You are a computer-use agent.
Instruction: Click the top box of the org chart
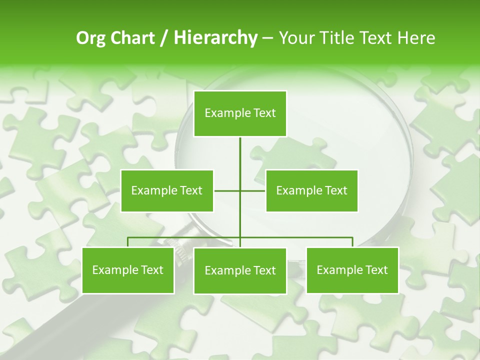(240, 113)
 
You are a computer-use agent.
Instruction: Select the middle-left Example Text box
(167, 190)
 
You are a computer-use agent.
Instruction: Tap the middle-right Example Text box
(311, 190)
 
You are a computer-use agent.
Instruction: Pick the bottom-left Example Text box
(128, 270)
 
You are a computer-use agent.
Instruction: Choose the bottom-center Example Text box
(240, 270)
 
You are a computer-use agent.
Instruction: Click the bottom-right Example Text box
(352, 270)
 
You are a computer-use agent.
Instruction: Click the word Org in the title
(90, 38)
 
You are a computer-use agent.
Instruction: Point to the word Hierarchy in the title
(215, 38)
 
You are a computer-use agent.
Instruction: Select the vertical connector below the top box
(240, 155)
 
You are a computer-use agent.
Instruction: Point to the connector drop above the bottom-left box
(128, 242)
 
